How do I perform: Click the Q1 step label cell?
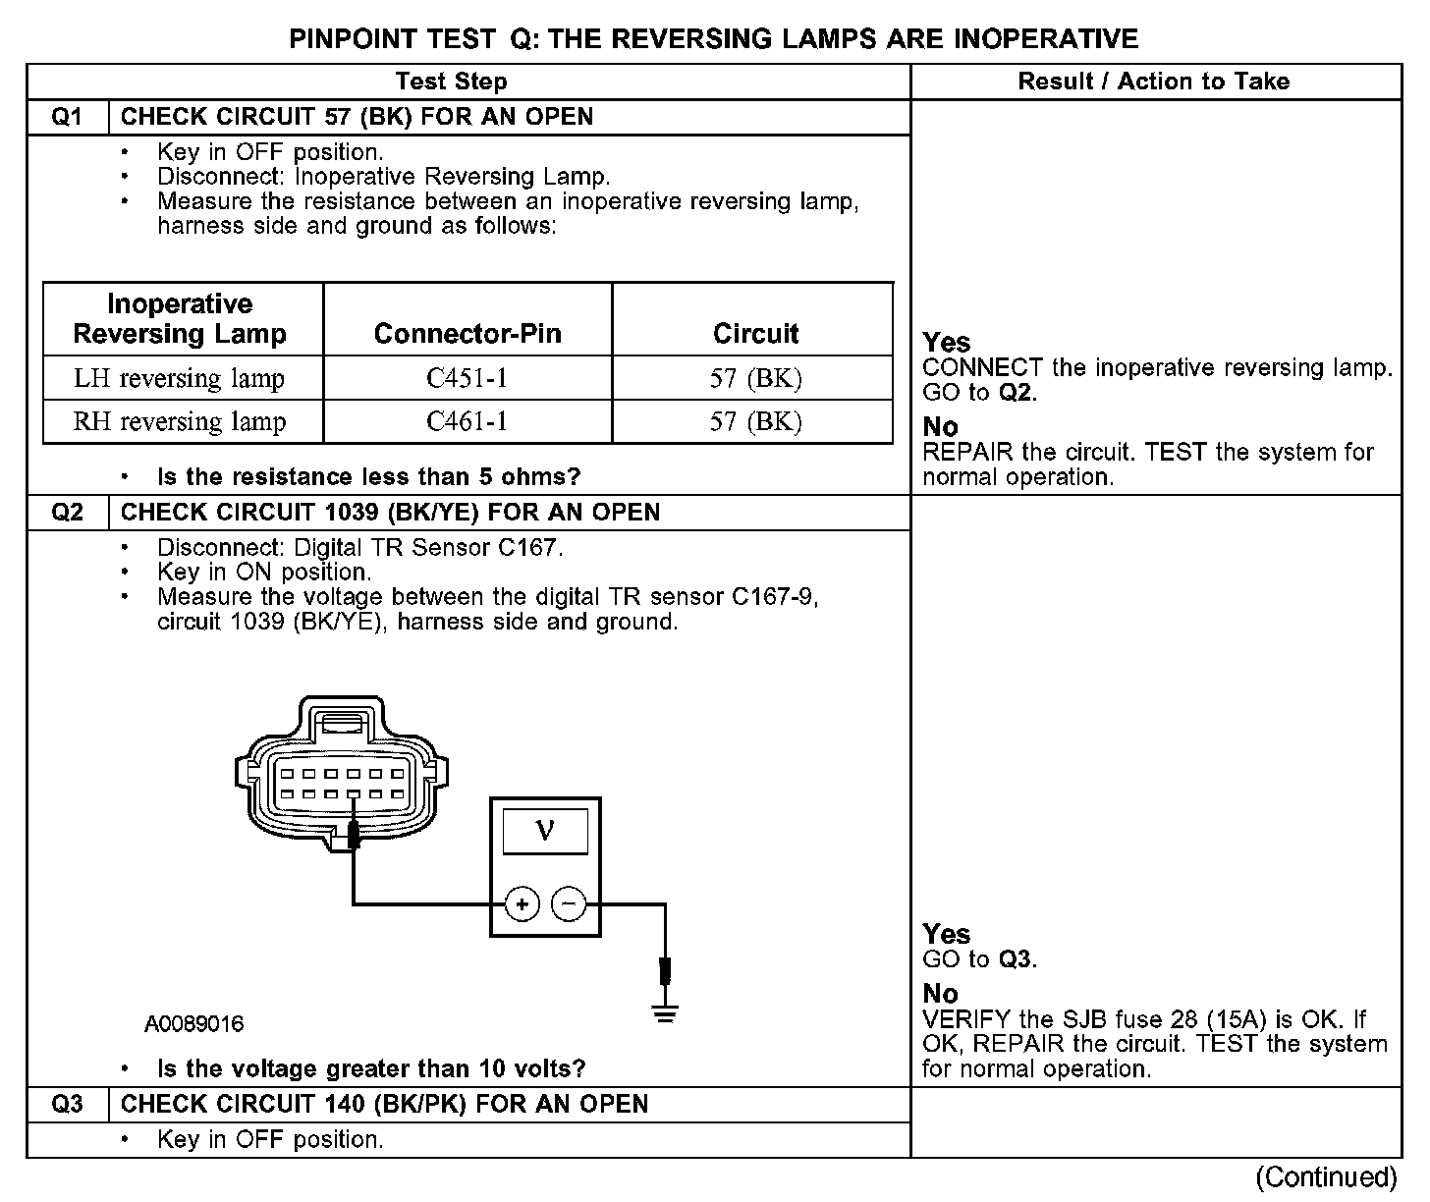(x=67, y=117)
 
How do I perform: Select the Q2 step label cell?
(x=67, y=513)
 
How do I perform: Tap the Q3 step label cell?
(x=67, y=1105)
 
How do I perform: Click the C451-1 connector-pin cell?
(x=467, y=378)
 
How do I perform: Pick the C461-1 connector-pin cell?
(x=467, y=421)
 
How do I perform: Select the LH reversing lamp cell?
(x=180, y=378)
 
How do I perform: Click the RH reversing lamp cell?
(x=180, y=421)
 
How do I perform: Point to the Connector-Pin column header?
(x=467, y=334)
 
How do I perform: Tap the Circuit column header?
(x=755, y=334)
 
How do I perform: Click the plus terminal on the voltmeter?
(x=522, y=903)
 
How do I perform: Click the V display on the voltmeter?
(x=545, y=832)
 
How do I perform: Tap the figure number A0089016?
(x=194, y=1024)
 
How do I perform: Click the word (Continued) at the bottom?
(x=1325, y=1176)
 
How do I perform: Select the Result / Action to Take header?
(x=1153, y=82)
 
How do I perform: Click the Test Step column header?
(x=451, y=82)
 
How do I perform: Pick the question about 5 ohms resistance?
(x=369, y=477)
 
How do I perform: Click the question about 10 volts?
(x=371, y=1068)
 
